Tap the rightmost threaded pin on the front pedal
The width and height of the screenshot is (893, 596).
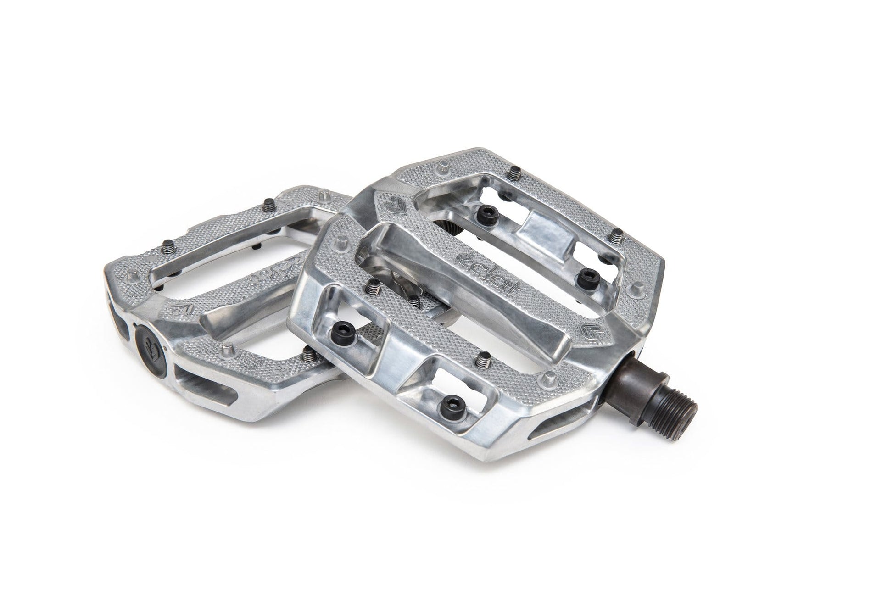pyautogui.click(x=617, y=236)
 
